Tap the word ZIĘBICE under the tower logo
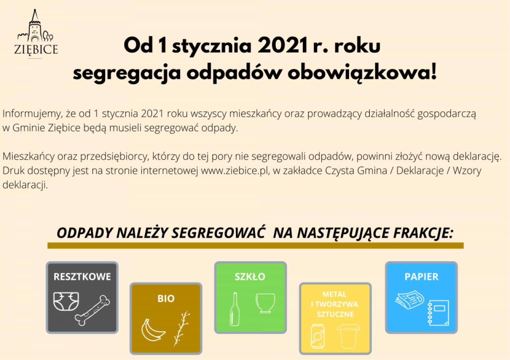[36, 50]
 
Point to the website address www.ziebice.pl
[235, 171]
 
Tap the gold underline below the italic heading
[255, 246]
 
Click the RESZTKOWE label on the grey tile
[82, 277]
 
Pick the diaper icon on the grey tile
[66, 301]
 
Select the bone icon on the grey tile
[92, 310]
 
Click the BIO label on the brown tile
[166, 299]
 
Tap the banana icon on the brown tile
[153, 330]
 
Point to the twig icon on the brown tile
[181, 328]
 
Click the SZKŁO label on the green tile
[250, 277]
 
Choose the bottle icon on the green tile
[235, 309]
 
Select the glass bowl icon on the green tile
[265, 303]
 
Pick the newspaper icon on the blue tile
[410, 299]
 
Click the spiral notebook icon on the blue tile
[438, 313]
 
